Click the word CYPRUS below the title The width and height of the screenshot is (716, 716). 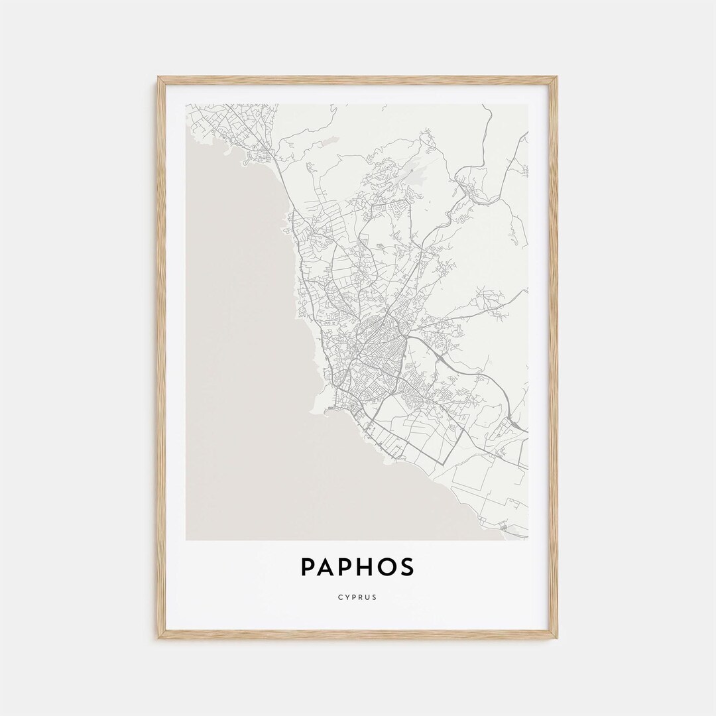(358, 597)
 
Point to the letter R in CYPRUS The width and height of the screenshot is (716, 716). (361, 597)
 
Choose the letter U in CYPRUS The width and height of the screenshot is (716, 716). (368, 597)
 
